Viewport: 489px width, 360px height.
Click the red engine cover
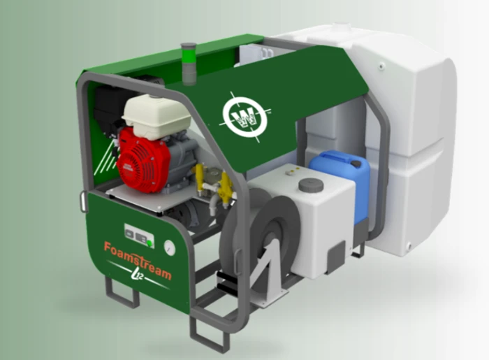(143, 159)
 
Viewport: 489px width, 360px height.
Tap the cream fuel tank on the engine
(156, 116)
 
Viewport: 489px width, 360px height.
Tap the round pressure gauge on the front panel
(170, 248)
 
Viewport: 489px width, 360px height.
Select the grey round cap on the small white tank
(311, 185)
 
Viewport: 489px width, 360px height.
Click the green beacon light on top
(189, 64)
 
